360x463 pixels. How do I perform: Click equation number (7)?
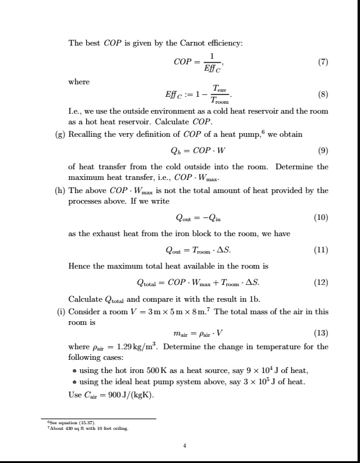click(x=323, y=62)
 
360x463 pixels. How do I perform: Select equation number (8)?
click(x=323, y=96)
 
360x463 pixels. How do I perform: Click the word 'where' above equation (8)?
click(x=78, y=82)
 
